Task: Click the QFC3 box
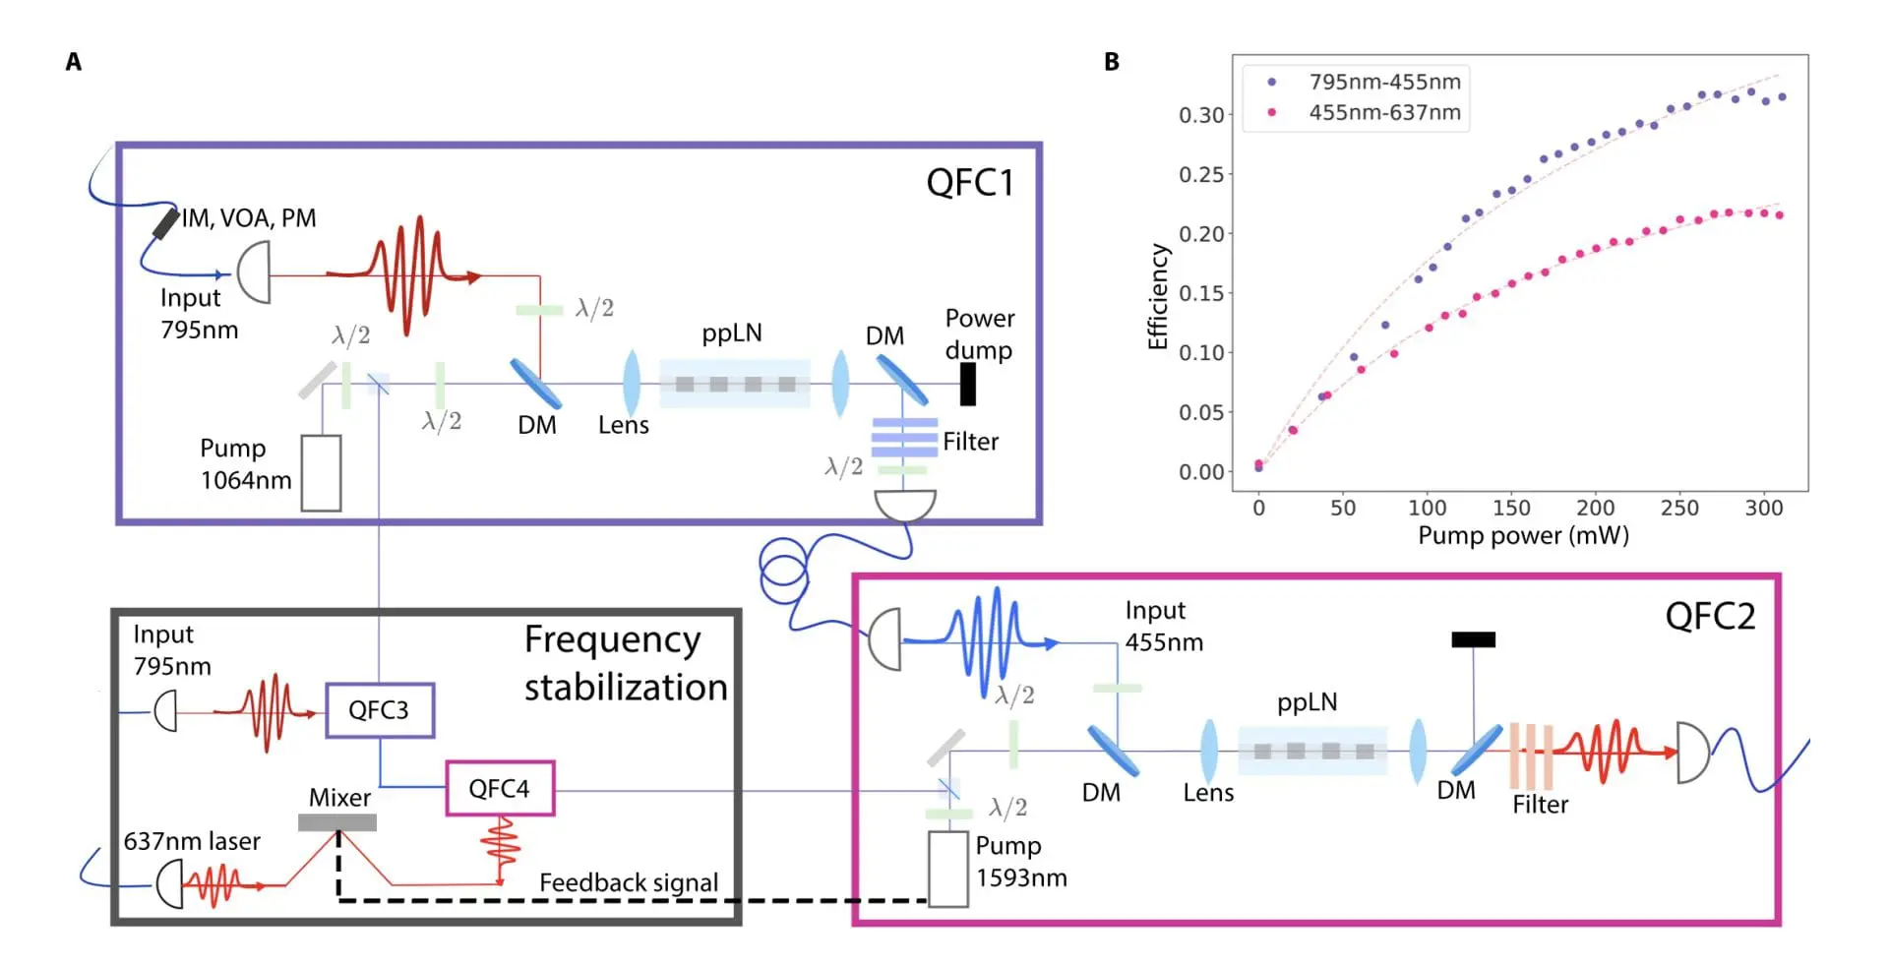(x=379, y=710)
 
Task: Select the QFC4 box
(x=500, y=788)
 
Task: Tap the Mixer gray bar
(x=337, y=822)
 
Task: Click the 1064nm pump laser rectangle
(x=321, y=473)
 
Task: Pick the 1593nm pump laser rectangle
(x=947, y=870)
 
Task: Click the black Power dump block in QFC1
(x=967, y=384)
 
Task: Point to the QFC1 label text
(x=969, y=183)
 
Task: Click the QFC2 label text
(x=1709, y=617)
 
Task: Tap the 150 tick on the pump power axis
(x=1511, y=508)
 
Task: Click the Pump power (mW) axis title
(x=1523, y=536)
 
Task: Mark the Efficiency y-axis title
(x=1158, y=296)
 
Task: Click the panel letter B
(x=1111, y=62)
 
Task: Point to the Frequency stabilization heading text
(x=625, y=663)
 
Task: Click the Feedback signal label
(x=629, y=882)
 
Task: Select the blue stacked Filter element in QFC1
(x=903, y=438)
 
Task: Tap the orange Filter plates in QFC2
(x=1531, y=756)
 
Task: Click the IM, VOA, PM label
(x=249, y=218)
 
